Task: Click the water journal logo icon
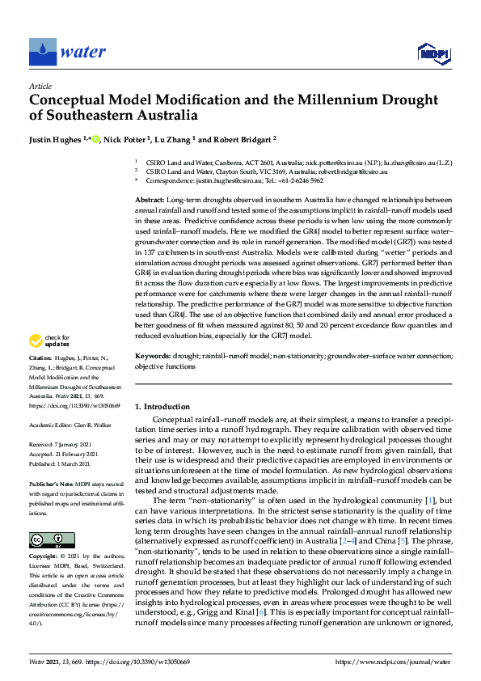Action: (x=42, y=52)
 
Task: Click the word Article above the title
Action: (x=40, y=85)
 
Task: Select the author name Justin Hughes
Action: (x=56, y=139)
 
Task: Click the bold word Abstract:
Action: (x=149, y=199)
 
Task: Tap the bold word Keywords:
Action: (x=152, y=355)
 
